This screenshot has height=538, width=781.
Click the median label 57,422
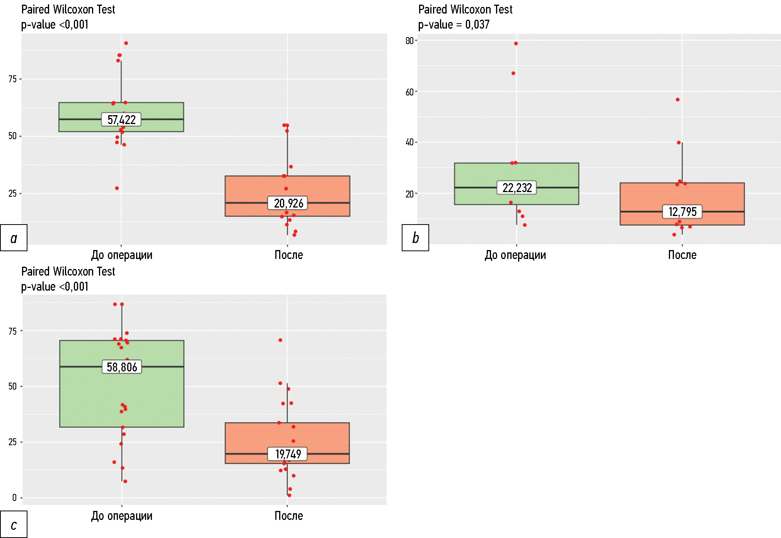(x=121, y=120)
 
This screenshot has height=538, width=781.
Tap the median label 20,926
(x=288, y=203)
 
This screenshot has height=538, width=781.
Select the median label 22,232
(x=517, y=188)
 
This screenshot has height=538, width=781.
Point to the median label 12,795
(x=682, y=212)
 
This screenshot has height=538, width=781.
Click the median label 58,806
(x=122, y=367)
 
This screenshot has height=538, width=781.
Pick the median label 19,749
(x=288, y=454)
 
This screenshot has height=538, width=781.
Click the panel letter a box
(x=14, y=238)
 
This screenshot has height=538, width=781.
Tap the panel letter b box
(x=415, y=238)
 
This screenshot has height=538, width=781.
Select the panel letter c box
(x=14, y=524)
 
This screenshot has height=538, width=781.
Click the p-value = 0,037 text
(x=454, y=25)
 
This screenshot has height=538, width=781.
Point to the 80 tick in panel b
(x=409, y=41)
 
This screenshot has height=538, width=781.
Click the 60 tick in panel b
(x=409, y=92)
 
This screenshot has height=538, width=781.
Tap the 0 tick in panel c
(x=14, y=498)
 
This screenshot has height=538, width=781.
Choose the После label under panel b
(x=682, y=255)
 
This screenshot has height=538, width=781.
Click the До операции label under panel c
(x=122, y=516)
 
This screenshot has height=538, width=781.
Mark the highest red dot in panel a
(x=126, y=43)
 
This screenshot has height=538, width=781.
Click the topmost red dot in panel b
(x=516, y=44)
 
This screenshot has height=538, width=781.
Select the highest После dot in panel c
(x=280, y=340)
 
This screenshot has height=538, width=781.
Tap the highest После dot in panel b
(x=678, y=100)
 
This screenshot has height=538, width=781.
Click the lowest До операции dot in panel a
(x=117, y=188)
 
